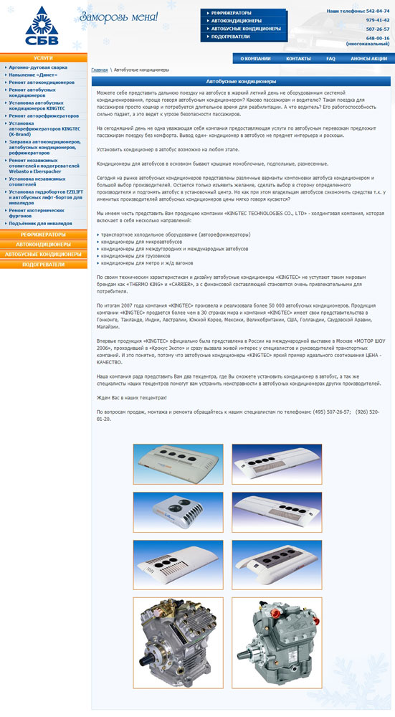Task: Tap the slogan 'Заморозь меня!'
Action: (118, 17)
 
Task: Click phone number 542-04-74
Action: (377, 11)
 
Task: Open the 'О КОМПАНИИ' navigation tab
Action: (255, 59)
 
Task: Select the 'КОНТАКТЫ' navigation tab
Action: (298, 59)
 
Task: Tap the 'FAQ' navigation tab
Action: (330, 59)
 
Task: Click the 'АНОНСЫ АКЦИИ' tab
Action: (369, 59)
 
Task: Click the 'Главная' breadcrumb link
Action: (100, 70)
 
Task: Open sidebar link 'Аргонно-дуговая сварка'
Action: (38, 67)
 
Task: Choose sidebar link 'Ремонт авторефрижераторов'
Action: (43, 115)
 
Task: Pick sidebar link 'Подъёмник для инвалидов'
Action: (42, 224)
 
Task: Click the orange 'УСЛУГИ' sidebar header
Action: (43, 57)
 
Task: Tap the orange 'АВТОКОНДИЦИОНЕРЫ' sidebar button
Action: (43, 244)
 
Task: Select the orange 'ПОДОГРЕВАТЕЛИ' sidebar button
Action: (43, 264)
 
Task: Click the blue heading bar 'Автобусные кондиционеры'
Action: (242, 82)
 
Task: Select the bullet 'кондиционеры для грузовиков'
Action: (133, 256)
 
